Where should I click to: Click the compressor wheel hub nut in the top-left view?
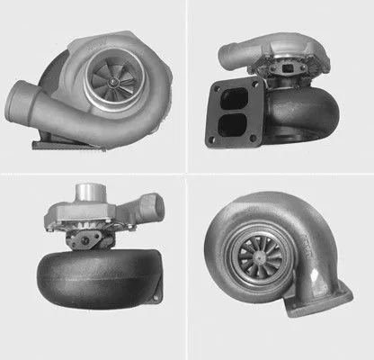click(x=115, y=81)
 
